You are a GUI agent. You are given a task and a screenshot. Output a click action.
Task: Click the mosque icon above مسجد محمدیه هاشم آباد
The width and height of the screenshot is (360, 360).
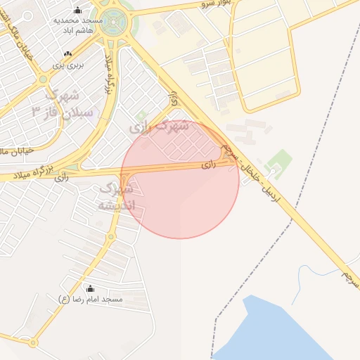point(77,10)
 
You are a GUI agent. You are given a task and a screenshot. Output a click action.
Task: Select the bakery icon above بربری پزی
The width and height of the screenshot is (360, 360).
point(67,54)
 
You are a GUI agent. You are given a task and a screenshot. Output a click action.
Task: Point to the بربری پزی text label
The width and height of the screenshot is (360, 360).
point(70,65)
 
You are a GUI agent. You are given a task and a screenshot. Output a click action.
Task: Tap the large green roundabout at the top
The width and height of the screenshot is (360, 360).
point(112,21)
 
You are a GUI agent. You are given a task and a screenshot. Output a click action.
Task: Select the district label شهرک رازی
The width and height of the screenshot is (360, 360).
point(159,127)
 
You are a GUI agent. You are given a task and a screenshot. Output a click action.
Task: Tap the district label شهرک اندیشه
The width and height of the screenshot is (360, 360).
point(117,198)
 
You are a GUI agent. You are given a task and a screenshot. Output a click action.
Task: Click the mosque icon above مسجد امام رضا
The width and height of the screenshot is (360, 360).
point(90,288)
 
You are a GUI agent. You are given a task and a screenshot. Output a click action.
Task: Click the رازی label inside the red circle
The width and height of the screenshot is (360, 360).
point(207,165)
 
